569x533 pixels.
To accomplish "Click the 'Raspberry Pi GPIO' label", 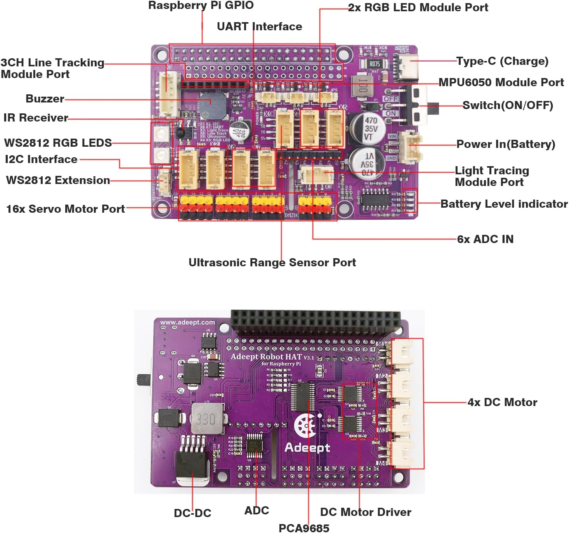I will (x=201, y=5).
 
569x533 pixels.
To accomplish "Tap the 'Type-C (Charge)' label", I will (x=502, y=61).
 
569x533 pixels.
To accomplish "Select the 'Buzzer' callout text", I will (x=45, y=99).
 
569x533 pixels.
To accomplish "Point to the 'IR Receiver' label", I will (x=36, y=118).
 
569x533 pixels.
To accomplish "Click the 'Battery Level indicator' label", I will (x=504, y=204).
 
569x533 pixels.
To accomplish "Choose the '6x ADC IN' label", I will (x=485, y=239).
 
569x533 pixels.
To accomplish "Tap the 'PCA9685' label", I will (x=304, y=528).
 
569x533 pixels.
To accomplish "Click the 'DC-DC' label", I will (x=193, y=513).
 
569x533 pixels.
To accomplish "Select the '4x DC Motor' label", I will (x=502, y=402).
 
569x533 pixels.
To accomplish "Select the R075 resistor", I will (x=374, y=64).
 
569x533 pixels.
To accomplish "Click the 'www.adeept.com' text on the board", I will (x=187, y=322).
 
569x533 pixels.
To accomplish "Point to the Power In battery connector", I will (x=411, y=147).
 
